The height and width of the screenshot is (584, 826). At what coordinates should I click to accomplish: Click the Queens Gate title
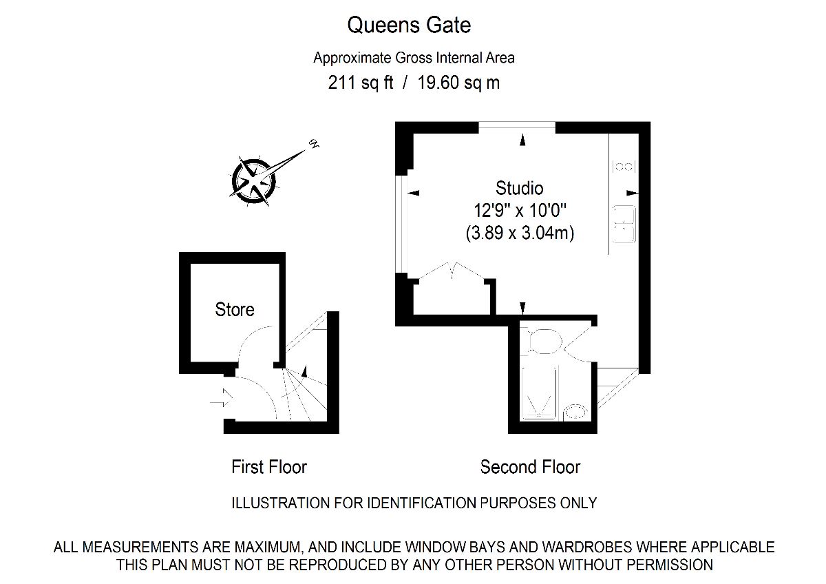click(x=409, y=25)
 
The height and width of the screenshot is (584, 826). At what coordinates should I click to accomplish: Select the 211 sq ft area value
click(x=360, y=83)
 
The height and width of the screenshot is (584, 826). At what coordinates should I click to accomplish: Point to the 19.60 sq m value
click(x=458, y=83)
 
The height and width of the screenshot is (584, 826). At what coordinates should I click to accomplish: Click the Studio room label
click(x=519, y=188)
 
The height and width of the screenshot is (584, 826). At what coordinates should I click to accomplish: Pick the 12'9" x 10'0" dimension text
click(x=520, y=211)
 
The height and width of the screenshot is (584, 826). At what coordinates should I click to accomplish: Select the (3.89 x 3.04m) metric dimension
click(x=520, y=233)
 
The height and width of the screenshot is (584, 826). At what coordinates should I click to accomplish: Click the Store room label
click(x=235, y=309)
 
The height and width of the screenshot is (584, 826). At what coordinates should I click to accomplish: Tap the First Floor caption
click(x=269, y=467)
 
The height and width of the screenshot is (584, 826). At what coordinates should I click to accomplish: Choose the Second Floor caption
click(x=530, y=467)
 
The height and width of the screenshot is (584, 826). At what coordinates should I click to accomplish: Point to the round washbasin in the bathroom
click(x=575, y=412)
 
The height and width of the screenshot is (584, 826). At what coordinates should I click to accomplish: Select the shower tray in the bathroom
click(x=539, y=393)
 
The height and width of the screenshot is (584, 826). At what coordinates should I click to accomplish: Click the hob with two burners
click(x=624, y=167)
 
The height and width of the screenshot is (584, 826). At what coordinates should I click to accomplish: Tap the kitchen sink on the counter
click(x=624, y=225)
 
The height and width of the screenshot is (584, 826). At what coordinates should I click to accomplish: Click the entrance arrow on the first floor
click(x=222, y=397)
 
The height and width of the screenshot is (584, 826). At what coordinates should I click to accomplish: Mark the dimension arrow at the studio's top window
click(x=522, y=140)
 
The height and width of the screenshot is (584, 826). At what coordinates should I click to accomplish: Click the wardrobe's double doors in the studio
click(x=452, y=271)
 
